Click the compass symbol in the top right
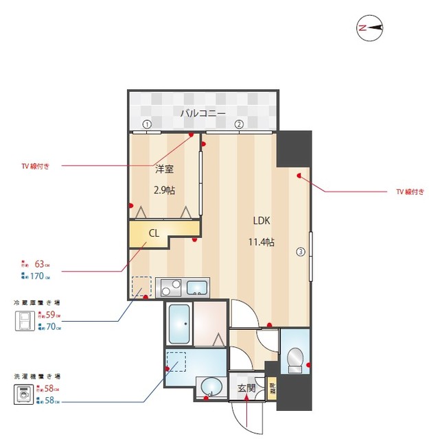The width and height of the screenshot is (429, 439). click(369, 27)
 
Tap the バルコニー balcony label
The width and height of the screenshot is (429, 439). click(203, 113)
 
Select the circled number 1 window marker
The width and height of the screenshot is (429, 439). click(146, 125)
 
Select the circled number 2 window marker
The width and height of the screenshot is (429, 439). click(238, 125)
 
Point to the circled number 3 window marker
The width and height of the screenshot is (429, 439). click(299, 251)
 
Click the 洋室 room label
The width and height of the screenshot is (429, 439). click(163, 169)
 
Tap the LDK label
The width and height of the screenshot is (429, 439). click(262, 221)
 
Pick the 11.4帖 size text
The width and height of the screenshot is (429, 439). click(262, 242)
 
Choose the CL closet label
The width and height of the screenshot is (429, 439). click(154, 233)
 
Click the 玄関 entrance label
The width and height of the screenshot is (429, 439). click(246, 388)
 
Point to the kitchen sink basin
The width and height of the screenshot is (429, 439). click(198, 287)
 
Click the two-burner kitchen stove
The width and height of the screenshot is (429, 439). click(170, 287)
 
